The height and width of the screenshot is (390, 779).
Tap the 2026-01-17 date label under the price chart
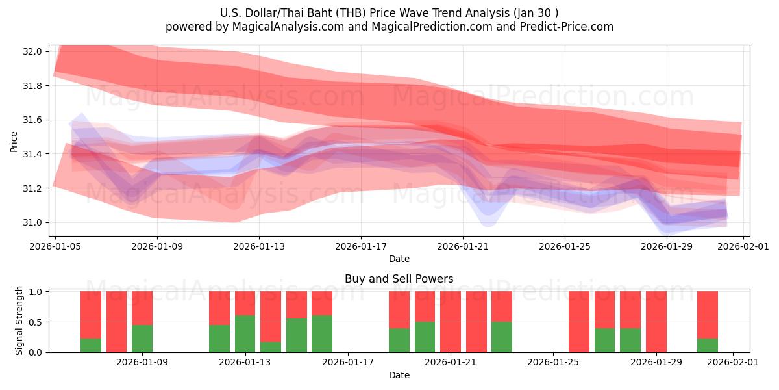[361, 246]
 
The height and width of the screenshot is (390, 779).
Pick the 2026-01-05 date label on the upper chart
[55, 246]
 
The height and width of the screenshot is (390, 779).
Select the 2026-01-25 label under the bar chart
[553, 363]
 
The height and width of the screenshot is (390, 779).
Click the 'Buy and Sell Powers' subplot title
[399, 279]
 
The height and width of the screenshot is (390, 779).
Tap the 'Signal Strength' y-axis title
[19, 320]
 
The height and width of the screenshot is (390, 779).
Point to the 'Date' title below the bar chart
[399, 375]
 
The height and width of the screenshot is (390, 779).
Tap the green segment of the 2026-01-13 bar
[245, 333]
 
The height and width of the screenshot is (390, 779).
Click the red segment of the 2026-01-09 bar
[142, 307]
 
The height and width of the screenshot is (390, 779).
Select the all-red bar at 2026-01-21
[451, 322]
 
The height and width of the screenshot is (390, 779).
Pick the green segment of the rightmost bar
[708, 345]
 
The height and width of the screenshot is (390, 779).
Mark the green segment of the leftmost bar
[91, 345]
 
